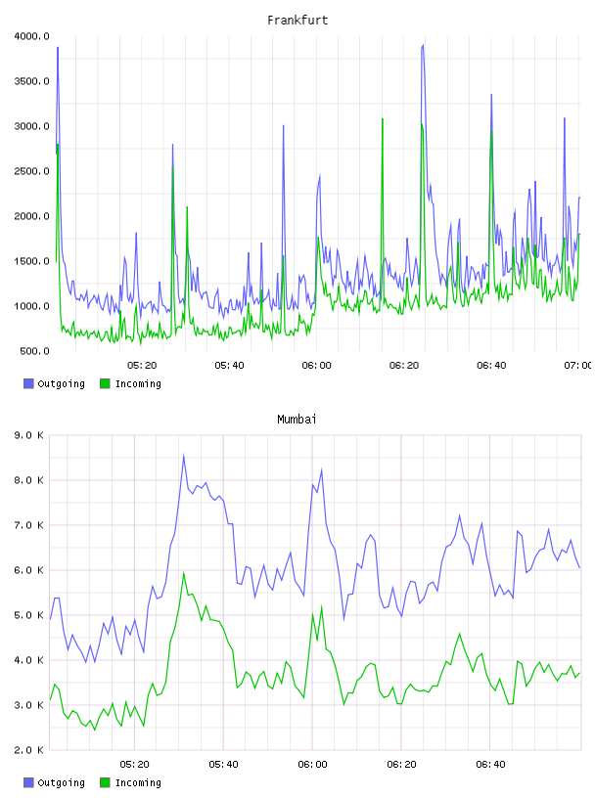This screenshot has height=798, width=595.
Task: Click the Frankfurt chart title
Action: pyautogui.click(x=297, y=20)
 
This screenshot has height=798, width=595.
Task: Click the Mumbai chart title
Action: pyautogui.click(x=297, y=419)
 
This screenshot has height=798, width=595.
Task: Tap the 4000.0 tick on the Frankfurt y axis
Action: pyautogui.click(x=31, y=36)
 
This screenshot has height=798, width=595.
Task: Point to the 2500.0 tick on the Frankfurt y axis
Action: pyautogui.click(x=31, y=171)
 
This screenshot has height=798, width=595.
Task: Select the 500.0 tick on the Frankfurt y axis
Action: pyautogui.click(x=34, y=351)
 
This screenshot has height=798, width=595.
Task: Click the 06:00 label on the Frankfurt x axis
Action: pyautogui.click(x=316, y=366)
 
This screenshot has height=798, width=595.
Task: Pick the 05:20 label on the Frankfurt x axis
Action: pyautogui.click(x=142, y=366)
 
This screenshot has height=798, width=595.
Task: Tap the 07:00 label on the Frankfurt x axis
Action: pyautogui.click(x=577, y=366)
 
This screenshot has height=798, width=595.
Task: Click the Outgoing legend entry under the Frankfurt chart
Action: pyautogui.click(x=55, y=383)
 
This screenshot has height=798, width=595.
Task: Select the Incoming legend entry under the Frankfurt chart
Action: pyautogui.click(x=131, y=383)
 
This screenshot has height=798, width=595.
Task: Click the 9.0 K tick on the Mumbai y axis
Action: pyautogui.click(x=28, y=435)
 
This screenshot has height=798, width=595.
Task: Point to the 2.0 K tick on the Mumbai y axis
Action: pyautogui.click(x=28, y=750)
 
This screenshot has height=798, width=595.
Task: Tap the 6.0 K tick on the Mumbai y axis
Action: pyautogui.click(x=28, y=570)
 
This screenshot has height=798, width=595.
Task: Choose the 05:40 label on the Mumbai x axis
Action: pyautogui.click(x=223, y=765)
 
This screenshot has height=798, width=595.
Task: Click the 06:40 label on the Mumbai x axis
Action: pyautogui.click(x=490, y=765)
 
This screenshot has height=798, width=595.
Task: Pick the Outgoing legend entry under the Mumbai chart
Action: pyautogui.click(x=55, y=782)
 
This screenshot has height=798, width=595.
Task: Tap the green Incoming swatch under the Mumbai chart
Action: pyautogui.click(x=105, y=782)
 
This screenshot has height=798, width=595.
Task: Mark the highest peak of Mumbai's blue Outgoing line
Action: pyautogui.click(x=183, y=455)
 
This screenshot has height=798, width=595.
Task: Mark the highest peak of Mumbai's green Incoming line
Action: pyautogui.click(x=183, y=573)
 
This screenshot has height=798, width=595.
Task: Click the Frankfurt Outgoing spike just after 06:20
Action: pyautogui.click(x=423, y=45)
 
